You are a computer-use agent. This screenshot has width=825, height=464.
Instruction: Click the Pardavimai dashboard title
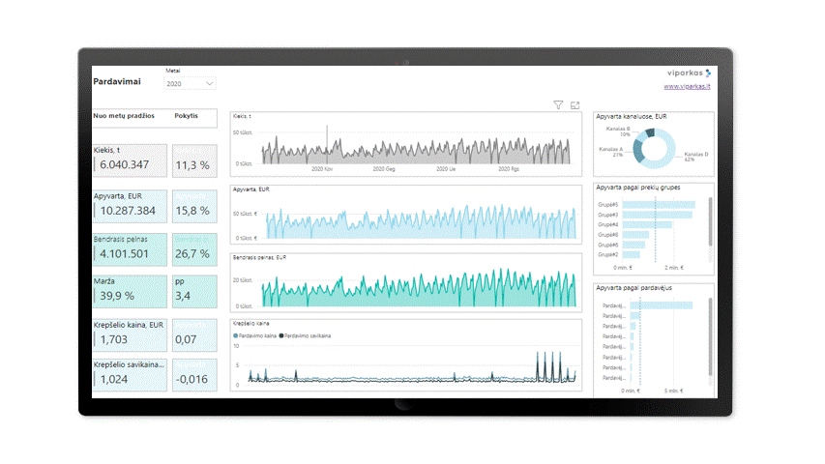click(117, 82)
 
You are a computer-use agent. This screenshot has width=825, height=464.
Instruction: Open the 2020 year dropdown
click(190, 84)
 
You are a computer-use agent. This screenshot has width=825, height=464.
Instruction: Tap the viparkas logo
click(690, 72)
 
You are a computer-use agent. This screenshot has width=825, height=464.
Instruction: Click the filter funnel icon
click(558, 104)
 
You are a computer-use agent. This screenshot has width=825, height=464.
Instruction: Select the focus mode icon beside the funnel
click(575, 104)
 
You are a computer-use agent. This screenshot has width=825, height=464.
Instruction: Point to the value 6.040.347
click(125, 165)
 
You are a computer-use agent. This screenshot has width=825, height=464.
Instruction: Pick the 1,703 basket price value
click(113, 340)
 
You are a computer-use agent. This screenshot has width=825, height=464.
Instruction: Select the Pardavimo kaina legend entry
click(257, 335)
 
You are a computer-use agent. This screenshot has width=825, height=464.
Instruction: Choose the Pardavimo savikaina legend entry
click(308, 335)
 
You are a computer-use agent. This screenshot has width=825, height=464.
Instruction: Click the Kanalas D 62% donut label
click(695, 156)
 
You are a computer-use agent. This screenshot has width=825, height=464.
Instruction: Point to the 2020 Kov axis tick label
click(322, 169)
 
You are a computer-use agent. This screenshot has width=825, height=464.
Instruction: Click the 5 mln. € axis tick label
click(673, 391)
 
